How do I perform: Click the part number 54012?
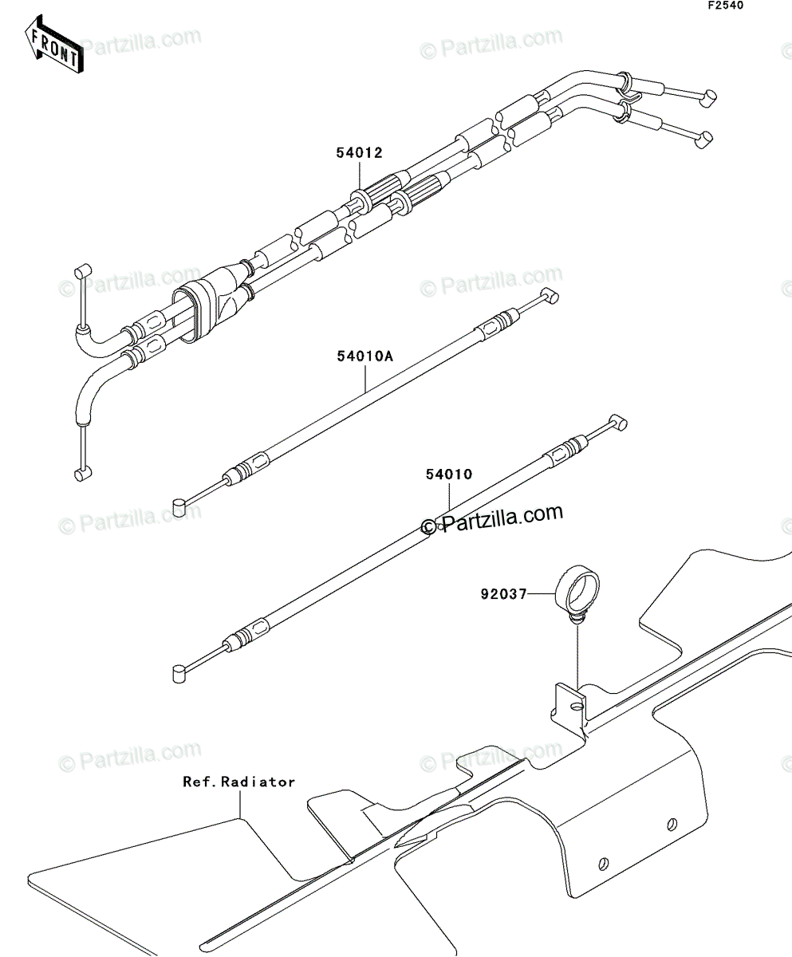point(360,152)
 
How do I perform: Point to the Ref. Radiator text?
point(238,782)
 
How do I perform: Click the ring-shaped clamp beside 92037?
point(577,588)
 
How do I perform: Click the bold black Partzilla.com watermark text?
point(492,520)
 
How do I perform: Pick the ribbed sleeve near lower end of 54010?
point(248,632)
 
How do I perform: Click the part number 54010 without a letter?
point(447,475)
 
